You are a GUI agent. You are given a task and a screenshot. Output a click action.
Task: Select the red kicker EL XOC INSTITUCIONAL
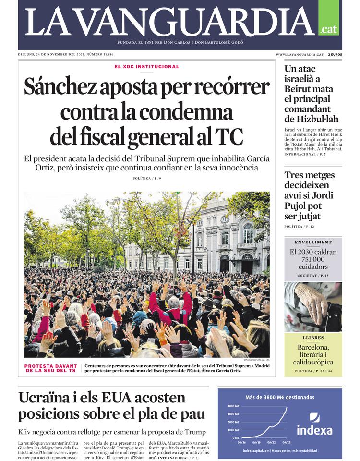[146, 67]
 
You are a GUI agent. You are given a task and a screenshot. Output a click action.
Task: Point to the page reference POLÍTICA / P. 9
[146, 179]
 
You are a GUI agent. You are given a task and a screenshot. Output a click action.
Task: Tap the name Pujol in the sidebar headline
[297, 206]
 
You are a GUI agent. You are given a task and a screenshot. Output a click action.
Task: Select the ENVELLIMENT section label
[313, 243]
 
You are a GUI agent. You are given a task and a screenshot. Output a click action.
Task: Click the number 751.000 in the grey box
[313, 259]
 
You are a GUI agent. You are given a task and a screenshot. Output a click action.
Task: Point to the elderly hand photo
[313, 307]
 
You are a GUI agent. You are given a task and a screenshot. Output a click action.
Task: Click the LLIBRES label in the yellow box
[313, 338]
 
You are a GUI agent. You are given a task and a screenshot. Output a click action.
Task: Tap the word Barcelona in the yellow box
[313, 347]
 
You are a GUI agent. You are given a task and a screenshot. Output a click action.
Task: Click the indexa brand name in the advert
[314, 430]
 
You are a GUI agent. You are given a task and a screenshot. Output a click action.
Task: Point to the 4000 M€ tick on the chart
[233, 406]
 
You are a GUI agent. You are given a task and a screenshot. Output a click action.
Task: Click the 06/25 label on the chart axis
[287, 442]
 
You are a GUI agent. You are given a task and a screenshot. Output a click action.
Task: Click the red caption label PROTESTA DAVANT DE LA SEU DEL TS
[50, 368]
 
